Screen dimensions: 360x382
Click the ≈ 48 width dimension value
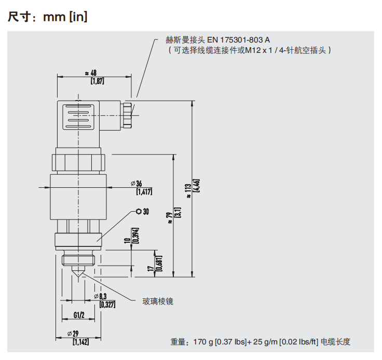coord(93,73)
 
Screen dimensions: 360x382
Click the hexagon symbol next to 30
coord(138,212)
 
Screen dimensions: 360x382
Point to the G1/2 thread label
coord(79,314)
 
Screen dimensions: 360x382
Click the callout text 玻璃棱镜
coord(158,301)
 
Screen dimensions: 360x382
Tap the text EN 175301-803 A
coord(239,40)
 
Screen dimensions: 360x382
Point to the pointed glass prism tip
coord(78,278)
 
